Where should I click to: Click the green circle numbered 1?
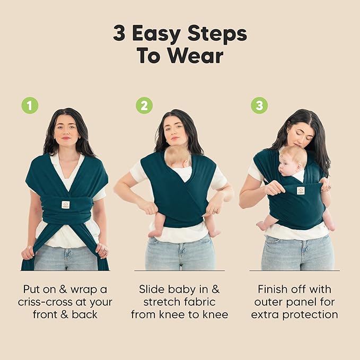[30, 106]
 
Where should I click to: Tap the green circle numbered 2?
[144, 106]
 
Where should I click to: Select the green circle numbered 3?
[259, 106]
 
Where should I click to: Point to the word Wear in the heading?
[198, 56]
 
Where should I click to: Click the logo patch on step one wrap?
[65, 205]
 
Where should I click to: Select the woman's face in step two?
[176, 130]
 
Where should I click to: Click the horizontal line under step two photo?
[179, 271]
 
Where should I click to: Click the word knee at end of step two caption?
[214, 314]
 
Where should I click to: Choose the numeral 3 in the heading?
[120, 33]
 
